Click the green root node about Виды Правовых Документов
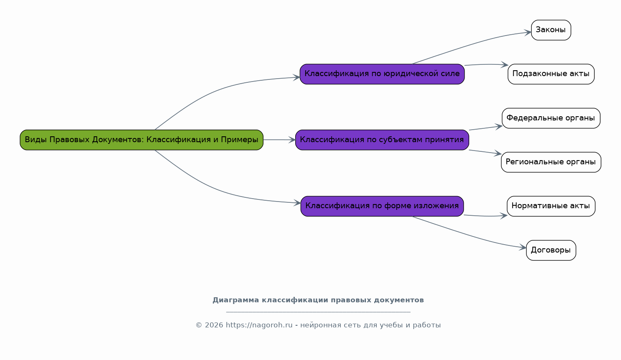point(141,140)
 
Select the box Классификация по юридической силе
point(382,74)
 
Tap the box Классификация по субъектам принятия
point(382,140)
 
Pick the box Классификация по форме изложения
point(382,206)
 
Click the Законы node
point(551,30)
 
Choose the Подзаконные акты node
point(551,74)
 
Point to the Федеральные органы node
point(551,118)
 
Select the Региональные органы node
point(551,162)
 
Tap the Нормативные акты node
point(551,206)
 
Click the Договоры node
point(551,250)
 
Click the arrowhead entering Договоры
point(523,248)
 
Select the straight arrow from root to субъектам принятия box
point(279,140)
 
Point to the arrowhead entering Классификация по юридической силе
point(296,77)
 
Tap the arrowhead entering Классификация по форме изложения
point(297,203)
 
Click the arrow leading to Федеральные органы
point(486,128)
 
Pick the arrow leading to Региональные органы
point(485,152)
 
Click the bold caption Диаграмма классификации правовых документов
point(318,300)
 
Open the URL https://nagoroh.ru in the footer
point(259,325)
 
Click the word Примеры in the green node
point(240,139)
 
